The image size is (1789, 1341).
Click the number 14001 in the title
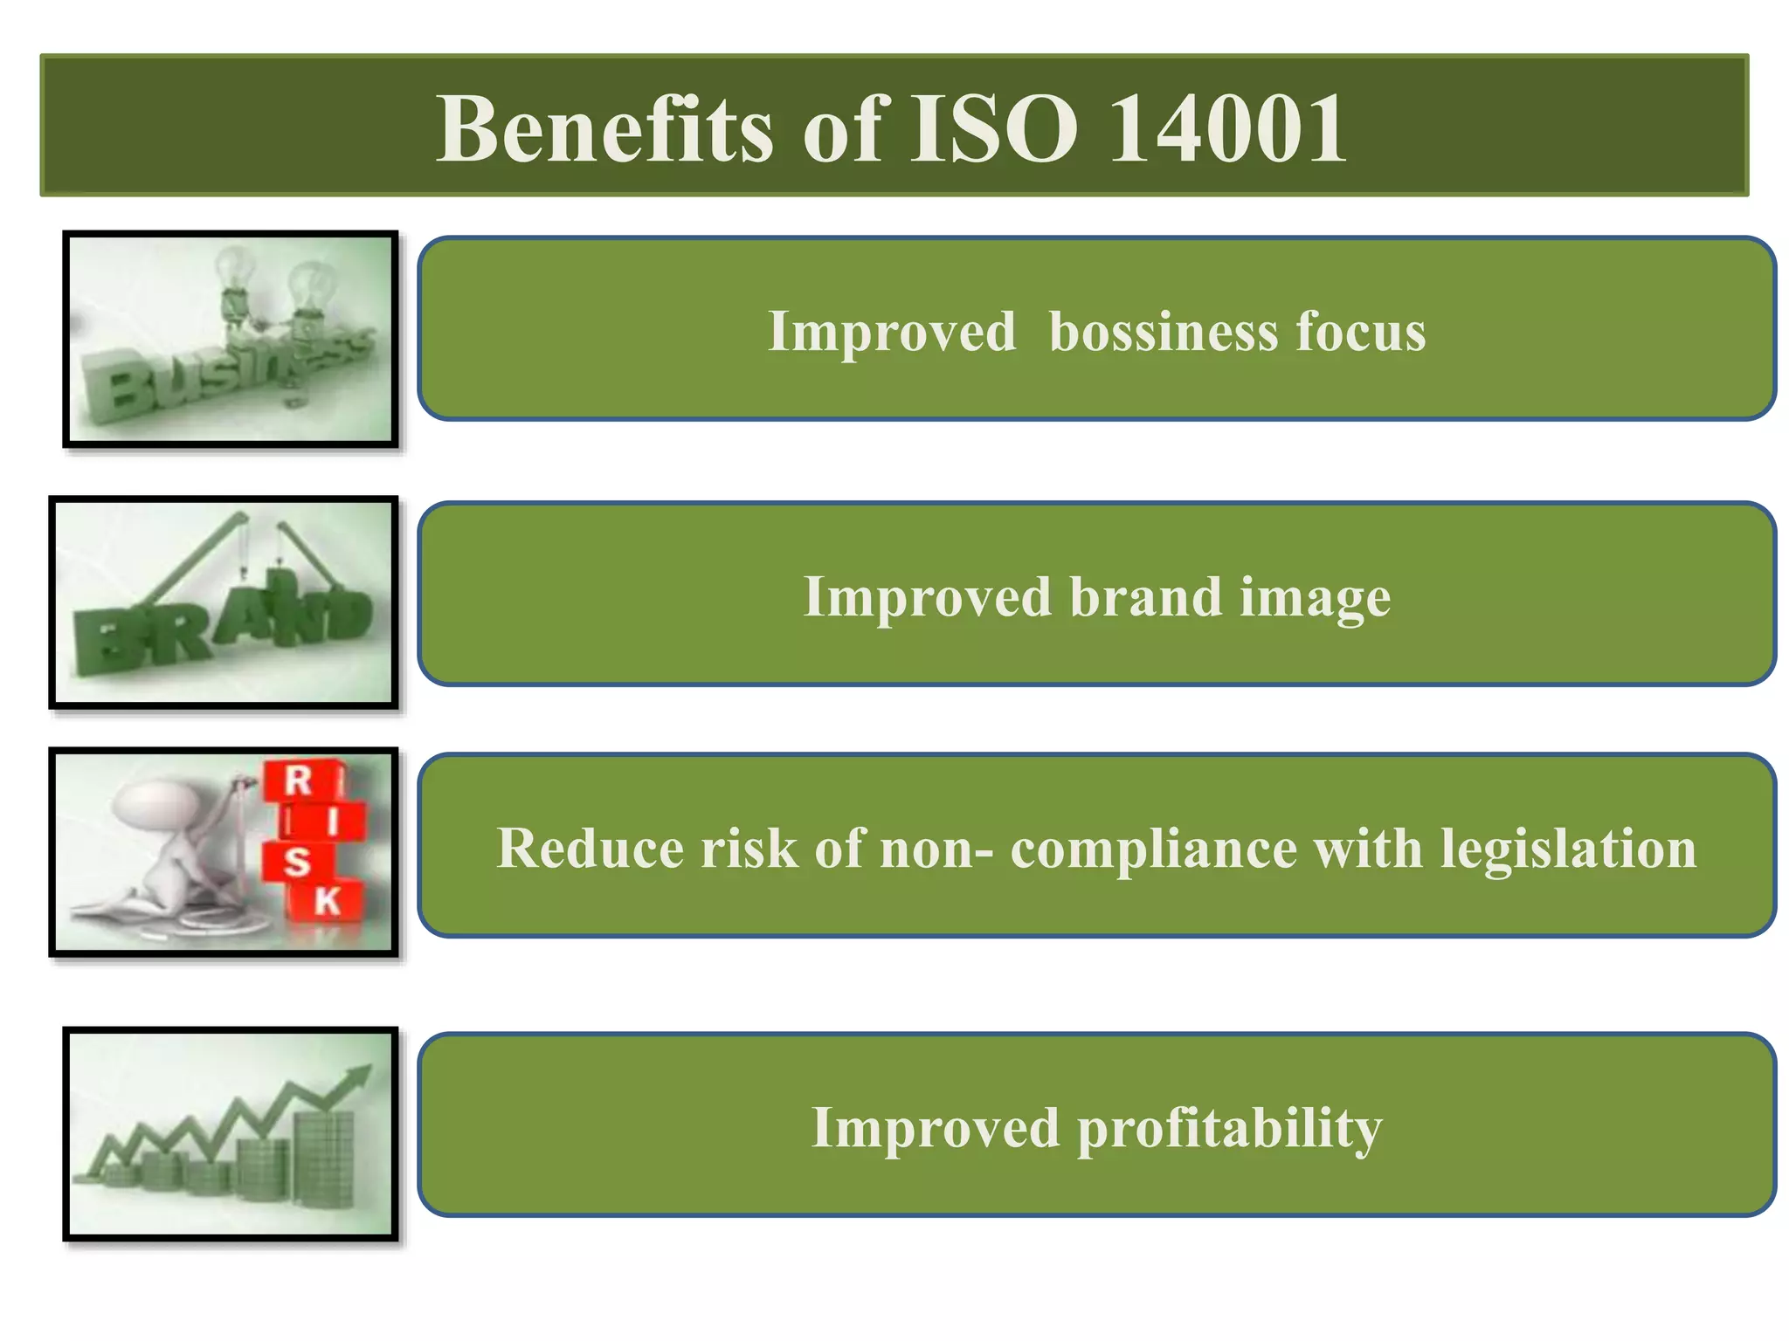[x=1227, y=129]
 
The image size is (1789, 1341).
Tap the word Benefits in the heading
[x=604, y=129]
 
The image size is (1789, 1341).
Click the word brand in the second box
[x=1145, y=598]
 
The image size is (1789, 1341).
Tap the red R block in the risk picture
[x=299, y=780]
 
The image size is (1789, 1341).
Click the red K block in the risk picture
[x=327, y=900]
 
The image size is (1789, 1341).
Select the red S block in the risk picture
[x=297, y=861]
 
